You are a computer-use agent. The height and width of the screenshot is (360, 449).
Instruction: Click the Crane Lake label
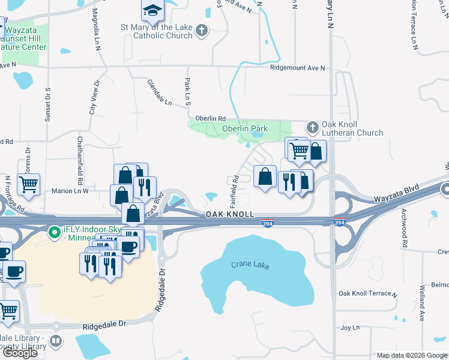[x=250, y=265]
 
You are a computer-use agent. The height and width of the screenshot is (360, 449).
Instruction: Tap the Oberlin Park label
[x=244, y=128]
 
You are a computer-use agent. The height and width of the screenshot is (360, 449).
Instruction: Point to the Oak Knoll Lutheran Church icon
[x=312, y=127]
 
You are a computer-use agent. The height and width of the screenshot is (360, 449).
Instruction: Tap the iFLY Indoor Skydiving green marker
[x=55, y=230]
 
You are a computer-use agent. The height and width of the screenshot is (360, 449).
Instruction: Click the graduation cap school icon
[x=152, y=9]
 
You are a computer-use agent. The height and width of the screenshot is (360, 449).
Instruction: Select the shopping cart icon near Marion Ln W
[x=28, y=185]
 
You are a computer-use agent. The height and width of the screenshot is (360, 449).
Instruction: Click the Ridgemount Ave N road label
[x=297, y=68]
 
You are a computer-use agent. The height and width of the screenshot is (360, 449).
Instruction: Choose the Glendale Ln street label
[x=160, y=93]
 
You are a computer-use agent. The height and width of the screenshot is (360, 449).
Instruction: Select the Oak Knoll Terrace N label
[x=368, y=294]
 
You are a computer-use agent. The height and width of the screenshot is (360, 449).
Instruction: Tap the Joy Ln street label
[x=350, y=328]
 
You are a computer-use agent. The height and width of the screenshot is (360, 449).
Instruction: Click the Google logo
[x=20, y=353]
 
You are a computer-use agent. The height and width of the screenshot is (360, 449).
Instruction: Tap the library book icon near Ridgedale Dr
[x=56, y=341]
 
